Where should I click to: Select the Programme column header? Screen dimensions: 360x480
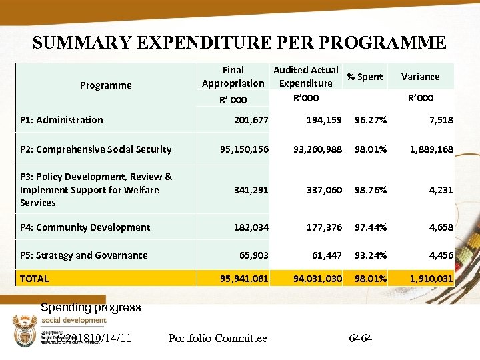point(105,85)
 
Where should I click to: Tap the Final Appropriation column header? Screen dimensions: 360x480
point(233,77)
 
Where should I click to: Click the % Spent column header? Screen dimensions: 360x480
point(365,77)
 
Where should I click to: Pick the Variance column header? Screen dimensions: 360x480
point(420,77)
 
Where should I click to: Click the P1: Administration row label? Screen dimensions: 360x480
point(61,120)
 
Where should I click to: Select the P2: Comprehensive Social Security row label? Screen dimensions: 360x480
point(95,149)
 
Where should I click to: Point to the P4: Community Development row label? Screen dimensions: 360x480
point(85,227)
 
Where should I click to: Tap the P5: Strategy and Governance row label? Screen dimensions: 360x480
point(83,255)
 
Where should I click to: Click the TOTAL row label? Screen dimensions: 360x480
point(34,278)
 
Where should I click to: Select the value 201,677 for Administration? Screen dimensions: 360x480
point(251,120)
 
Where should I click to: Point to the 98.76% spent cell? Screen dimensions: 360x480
point(370,190)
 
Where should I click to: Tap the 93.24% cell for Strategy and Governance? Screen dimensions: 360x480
point(370,255)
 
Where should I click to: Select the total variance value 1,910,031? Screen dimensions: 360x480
point(430,278)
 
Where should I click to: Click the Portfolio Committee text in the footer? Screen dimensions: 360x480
point(218,339)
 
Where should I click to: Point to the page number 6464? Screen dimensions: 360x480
point(361,339)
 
